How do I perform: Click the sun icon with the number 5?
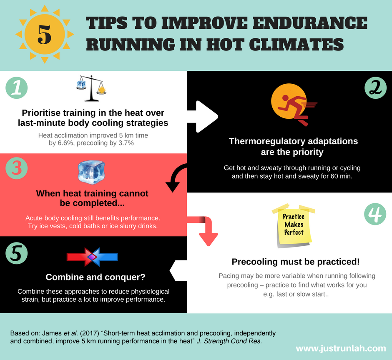(x=45, y=34)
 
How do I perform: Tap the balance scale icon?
(x=91, y=88)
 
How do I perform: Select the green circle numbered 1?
(x=17, y=87)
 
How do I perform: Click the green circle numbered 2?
(x=375, y=87)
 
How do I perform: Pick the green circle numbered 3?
(x=17, y=168)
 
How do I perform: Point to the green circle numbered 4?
(x=375, y=214)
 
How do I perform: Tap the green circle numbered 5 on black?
(x=17, y=253)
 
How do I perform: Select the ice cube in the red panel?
(x=91, y=172)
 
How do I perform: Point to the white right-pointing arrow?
(x=203, y=116)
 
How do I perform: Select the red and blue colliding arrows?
(x=92, y=257)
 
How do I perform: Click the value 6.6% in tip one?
(x=65, y=143)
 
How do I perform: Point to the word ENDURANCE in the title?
(x=310, y=23)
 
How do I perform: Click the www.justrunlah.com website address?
(x=341, y=348)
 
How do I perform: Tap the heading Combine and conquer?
(x=95, y=277)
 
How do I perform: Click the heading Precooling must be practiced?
(x=296, y=262)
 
